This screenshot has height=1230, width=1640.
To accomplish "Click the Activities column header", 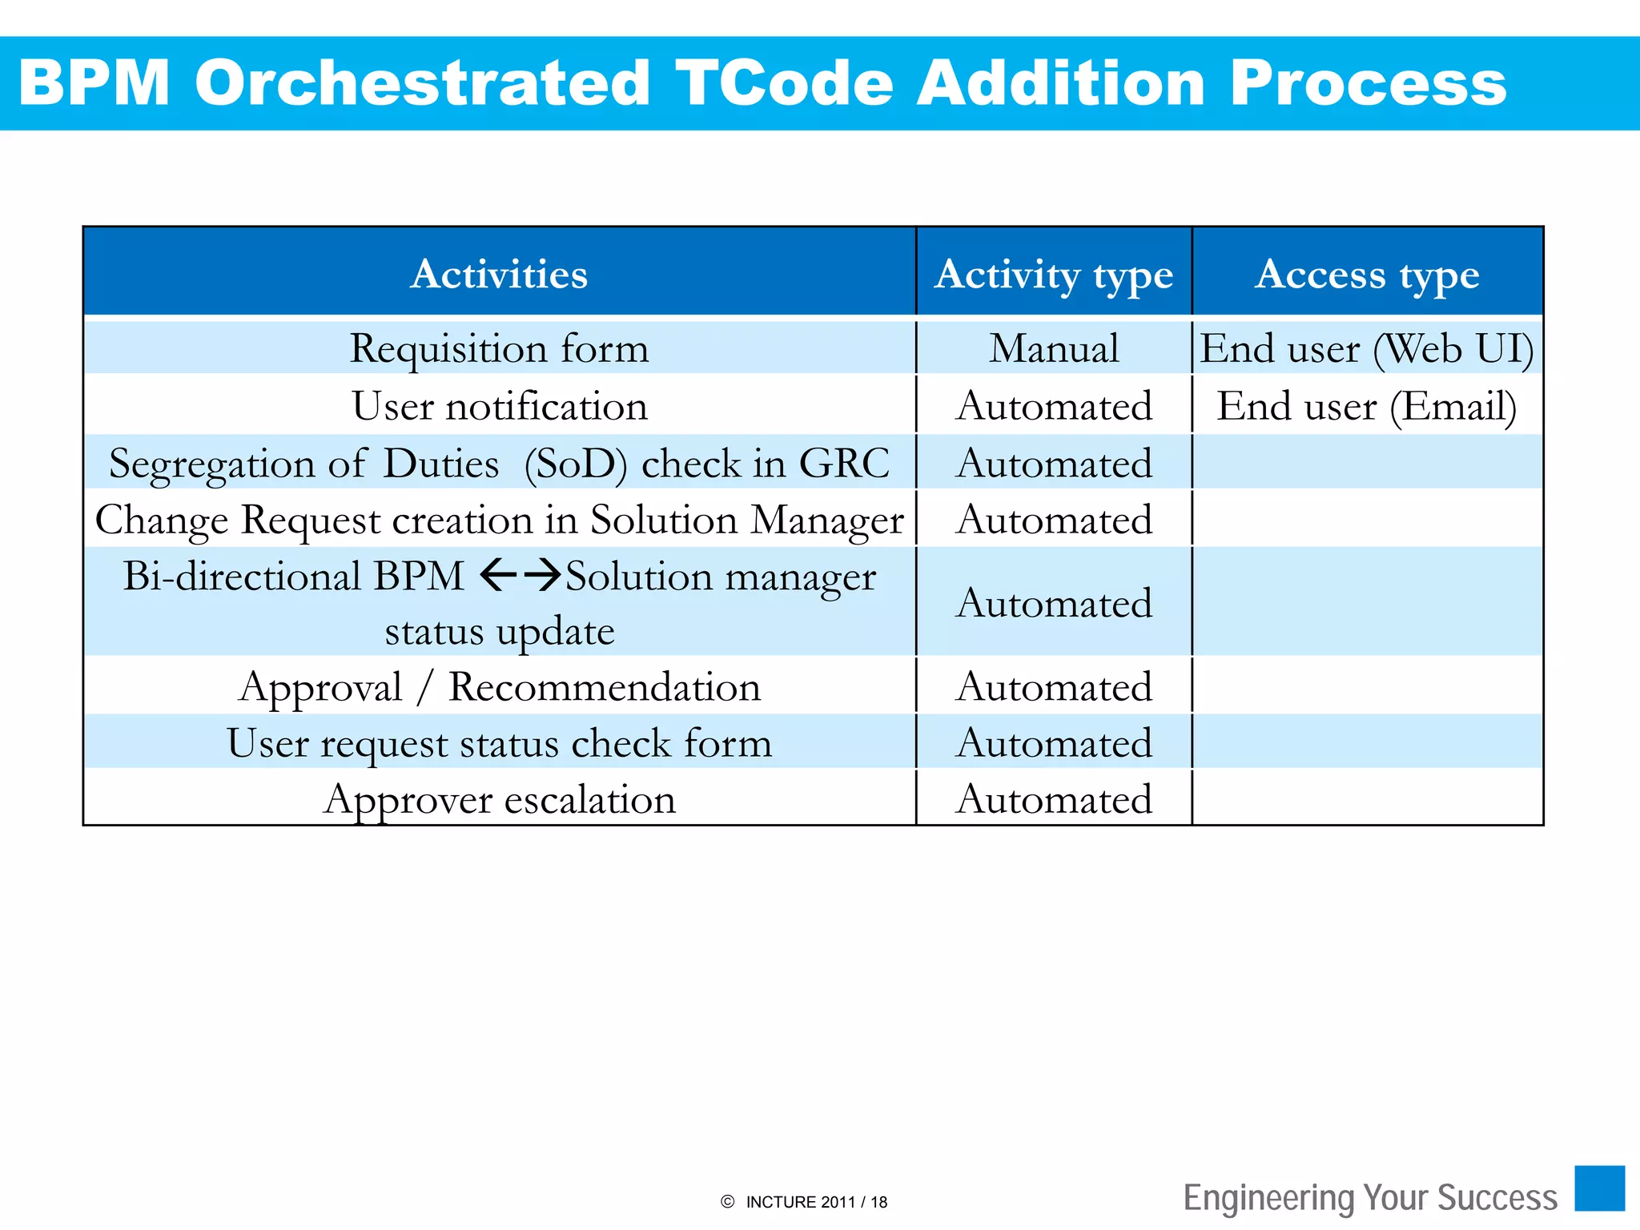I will click(499, 274).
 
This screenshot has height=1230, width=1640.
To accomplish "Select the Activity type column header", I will click(1054, 274).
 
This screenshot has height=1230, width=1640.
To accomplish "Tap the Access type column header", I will click(1367, 274).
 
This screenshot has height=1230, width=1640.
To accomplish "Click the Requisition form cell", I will click(499, 348).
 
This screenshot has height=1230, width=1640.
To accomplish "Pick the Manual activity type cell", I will click(1054, 348).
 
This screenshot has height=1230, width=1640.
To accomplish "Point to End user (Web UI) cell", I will click(1367, 348).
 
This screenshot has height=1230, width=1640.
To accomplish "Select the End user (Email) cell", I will click(1367, 406).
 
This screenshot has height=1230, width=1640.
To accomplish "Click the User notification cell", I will click(499, 406).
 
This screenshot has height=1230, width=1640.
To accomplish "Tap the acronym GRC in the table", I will click(844, 463).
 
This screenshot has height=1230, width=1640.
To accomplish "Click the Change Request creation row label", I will click(499, 520).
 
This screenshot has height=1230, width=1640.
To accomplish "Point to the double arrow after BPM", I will click(521, 575).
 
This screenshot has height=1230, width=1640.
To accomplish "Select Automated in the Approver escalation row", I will click(1054, 799).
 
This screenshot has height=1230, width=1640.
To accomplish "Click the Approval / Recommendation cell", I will click(499, 687).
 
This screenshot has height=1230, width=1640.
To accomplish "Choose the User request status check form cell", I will click(499, 743).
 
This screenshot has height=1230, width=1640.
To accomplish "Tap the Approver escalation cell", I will click(499, 799).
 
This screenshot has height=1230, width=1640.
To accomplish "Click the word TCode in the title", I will click(784, 82).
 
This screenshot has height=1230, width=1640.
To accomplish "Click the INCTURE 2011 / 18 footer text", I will click(815, 1202).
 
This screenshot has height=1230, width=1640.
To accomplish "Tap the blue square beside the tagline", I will click(1599, 1188).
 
